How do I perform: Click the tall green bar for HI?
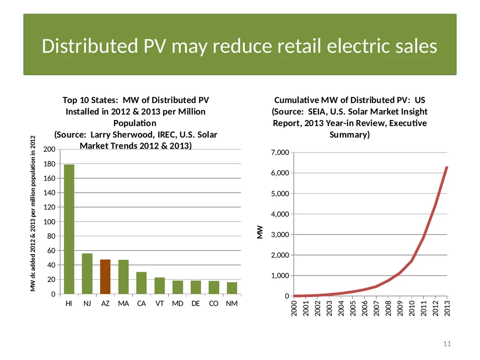pos(69,229)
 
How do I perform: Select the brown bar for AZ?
pos(105,277)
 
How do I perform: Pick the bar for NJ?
pos(87,274)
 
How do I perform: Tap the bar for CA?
pos(142,283)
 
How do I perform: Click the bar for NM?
pos(232,288)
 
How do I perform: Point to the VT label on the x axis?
pos(159,303)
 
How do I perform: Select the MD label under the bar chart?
pos(178,303)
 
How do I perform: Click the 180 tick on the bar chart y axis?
pos(49,164)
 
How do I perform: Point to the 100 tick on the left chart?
pos(49,222)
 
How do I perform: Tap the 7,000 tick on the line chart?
pos(280,152)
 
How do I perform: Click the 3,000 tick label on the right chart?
pos(280,234)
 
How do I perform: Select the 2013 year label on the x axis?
pos(447,308)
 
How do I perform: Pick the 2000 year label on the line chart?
pos(294,308)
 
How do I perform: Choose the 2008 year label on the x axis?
pos(388,308)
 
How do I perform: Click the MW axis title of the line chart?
pos(260,232)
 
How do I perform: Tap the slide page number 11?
pos(447,344)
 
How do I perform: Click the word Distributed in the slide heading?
pos(90,46)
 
